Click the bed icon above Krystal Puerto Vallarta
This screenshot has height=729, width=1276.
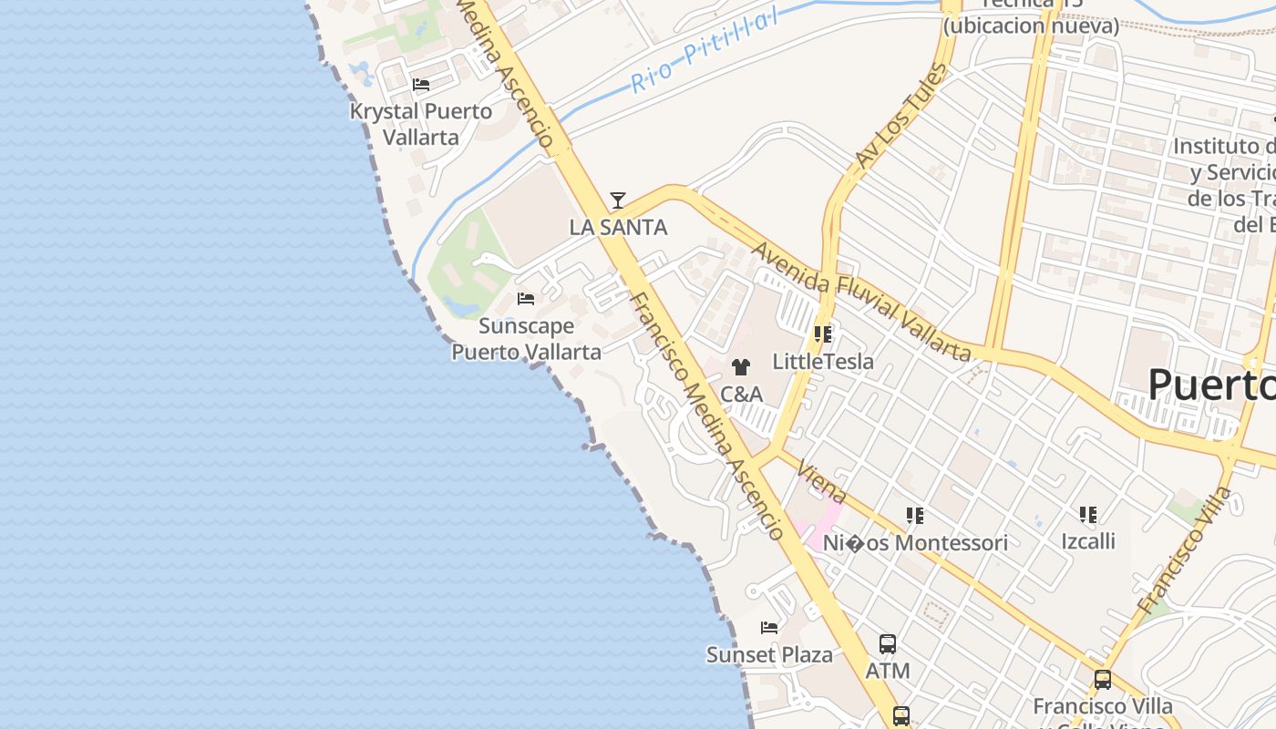click(421, 85)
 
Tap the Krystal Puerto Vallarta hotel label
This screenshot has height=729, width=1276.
click(421, 124)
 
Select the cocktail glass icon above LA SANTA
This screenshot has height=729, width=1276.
click(618, 200)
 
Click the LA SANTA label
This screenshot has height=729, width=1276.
click(618, 227)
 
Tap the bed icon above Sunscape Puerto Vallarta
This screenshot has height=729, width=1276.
click(526, 299)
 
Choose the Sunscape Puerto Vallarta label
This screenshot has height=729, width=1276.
click(527, 338)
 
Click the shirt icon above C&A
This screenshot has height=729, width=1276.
click(741, 367)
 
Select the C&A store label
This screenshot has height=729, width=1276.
click(741, 395)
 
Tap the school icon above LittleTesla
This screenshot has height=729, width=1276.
click(823, 334)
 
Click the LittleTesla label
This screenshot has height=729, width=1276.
click(823, 362)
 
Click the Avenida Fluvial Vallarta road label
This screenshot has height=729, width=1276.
click(861, 300)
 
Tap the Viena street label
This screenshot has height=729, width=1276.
click(821, 482)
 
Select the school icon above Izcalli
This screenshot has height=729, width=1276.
click(1088, 515)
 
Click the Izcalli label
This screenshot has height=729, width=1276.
click(1088, 541)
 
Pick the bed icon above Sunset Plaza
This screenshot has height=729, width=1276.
click(769, 628)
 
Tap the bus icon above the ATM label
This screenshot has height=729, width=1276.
click(888, 644)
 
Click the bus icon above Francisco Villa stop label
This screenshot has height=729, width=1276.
click(1103, 679)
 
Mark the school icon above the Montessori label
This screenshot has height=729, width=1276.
click(915, 517)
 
